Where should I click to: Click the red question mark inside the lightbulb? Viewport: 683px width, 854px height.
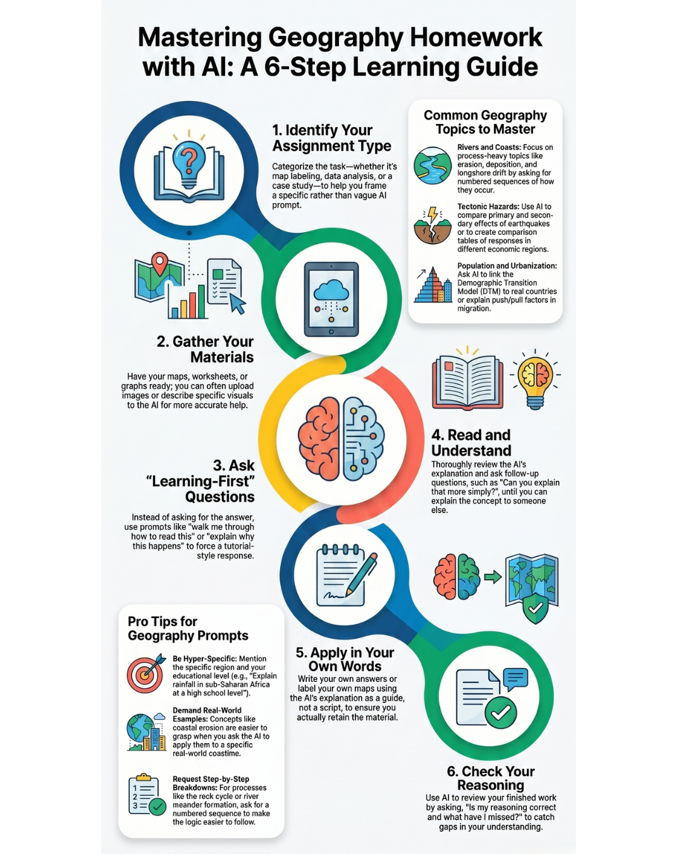(189, 160)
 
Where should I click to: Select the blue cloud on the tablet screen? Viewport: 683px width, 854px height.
(331, 290)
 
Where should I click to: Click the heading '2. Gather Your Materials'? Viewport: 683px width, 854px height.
(205, 349)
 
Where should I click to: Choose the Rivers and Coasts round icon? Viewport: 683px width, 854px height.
(432, 166)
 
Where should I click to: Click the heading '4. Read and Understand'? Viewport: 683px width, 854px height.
(471, 442)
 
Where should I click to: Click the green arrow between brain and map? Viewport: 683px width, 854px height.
(493, 577)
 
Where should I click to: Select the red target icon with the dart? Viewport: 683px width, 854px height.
(146, 673)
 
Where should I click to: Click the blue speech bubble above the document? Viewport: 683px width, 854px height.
(515, 679)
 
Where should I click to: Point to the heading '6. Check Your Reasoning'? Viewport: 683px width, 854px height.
(491, 778)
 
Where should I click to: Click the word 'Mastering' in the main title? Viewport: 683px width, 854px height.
(199, 38)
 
